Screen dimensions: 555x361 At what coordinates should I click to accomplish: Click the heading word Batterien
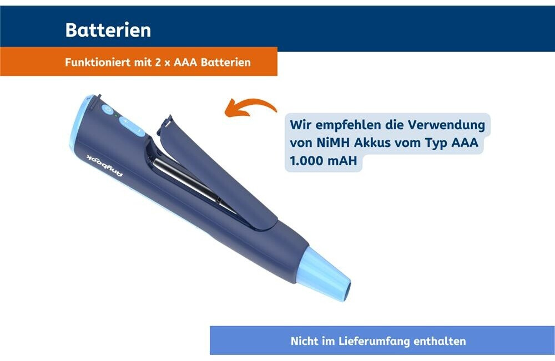(108, 30)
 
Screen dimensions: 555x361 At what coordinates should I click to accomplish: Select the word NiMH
(332, 143)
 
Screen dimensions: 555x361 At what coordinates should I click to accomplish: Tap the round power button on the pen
(107, 110)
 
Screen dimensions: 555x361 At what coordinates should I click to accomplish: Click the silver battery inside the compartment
(193, 185)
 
